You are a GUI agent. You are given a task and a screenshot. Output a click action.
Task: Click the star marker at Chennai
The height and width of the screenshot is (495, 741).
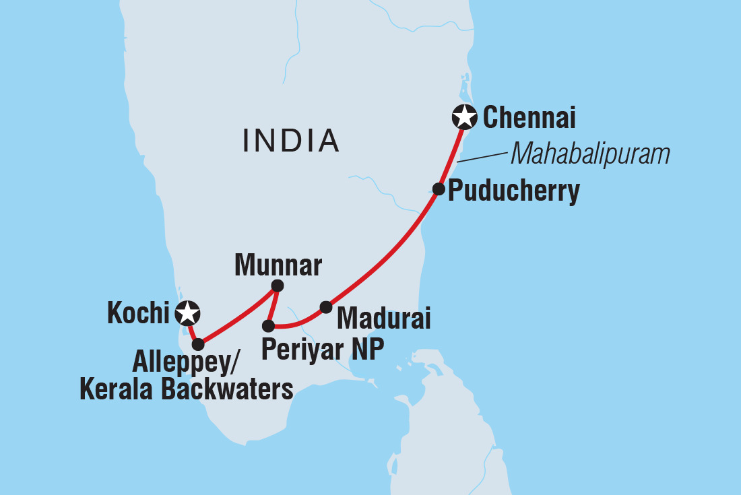tap(464, 117)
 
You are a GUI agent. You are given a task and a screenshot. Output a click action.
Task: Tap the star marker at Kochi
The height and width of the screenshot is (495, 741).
tap(187, 312)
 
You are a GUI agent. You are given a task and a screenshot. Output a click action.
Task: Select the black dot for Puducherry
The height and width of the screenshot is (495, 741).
tap(438, 189)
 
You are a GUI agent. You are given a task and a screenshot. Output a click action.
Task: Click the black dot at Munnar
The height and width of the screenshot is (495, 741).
tap(277, 286)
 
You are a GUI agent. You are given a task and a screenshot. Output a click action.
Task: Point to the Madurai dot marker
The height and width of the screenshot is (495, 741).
tap(326, 307)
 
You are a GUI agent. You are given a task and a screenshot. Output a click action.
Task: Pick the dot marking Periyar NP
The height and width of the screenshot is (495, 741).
tap(268, 326)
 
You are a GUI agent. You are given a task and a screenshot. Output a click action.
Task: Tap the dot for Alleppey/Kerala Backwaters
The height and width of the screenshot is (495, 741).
tap(197, 344)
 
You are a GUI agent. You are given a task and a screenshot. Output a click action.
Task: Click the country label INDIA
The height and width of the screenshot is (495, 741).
tap(291, 140)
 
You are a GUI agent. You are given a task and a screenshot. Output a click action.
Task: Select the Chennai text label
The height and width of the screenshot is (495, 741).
tap(529, 119)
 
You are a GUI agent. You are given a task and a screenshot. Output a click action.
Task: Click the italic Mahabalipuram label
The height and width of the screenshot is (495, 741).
tap(590, 154)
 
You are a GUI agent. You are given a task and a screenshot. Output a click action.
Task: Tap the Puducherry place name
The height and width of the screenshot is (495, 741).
tap(513, 191)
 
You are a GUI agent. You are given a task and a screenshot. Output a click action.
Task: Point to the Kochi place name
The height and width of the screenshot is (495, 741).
tap(138, 314)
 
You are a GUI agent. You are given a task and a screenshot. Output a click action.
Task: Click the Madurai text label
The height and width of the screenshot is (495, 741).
tap(383, 317)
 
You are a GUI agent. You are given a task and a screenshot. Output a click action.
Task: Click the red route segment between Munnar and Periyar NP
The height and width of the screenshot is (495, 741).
tap(272, 306)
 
